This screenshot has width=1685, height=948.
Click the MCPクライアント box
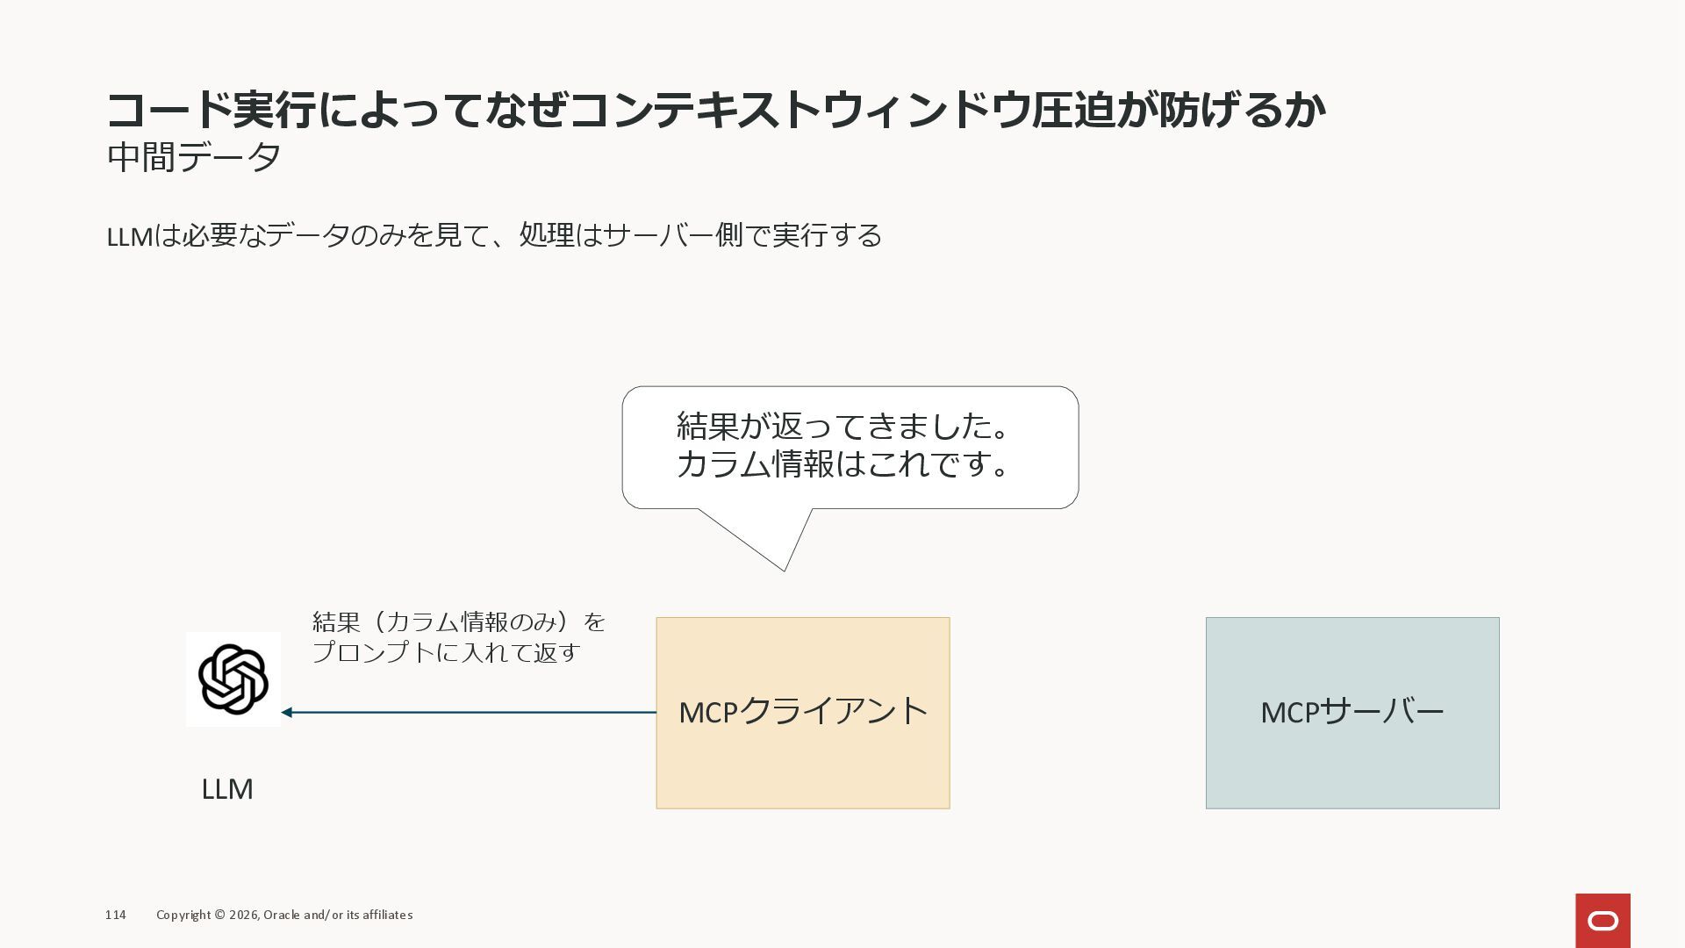pos(802,712)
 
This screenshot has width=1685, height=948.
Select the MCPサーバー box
pos(1352,712)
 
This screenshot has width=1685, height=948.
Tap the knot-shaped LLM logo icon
pos(233,679)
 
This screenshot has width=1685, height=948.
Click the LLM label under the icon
pos(227,789)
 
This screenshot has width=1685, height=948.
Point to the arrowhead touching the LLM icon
pos(287,712)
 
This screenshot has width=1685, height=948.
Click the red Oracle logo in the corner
pos(1603,920)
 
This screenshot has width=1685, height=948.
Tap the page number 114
pos(115,915)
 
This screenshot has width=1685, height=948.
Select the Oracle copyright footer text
pos(284,915)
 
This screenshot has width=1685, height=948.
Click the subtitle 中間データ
pos(194,158)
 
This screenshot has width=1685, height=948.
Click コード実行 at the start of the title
pos(211,111)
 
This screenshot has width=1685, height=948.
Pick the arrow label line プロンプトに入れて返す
pos(446,653)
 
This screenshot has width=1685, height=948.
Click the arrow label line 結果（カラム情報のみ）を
pos(459,622)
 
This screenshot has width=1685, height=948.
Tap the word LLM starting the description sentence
pos(129,236)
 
